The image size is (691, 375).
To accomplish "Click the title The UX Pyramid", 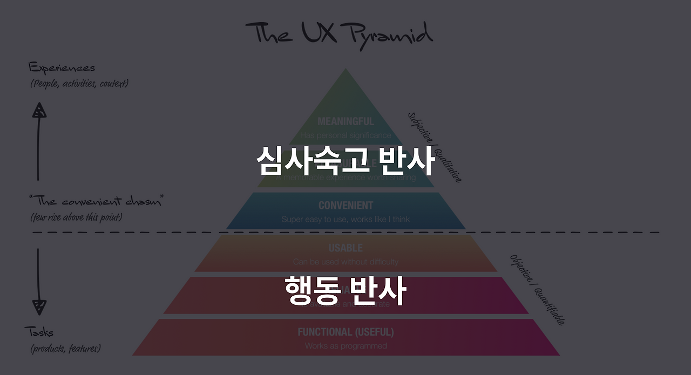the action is tap(339, 34).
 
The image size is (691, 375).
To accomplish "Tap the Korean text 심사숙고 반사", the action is tap(345, 160).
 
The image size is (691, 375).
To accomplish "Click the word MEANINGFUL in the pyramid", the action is tap(345, 121).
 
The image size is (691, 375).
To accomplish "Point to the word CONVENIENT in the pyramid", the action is tap(345, 206).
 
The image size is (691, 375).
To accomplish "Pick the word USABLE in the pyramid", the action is tap(345, 248).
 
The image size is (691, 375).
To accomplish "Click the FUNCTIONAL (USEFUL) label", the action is tap(345, 332).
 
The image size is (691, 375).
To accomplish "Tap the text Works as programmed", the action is tap(345, 345).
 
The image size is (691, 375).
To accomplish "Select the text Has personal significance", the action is tap(345, 135).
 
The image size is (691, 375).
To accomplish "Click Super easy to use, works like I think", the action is tap(345, 219).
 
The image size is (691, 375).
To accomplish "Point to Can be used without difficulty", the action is tap(345, 262).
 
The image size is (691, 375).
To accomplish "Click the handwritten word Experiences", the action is tap(62, 68).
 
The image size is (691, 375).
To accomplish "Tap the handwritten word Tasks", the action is tap(39, 331).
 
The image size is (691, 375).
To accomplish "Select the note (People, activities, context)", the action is tap(79, 84).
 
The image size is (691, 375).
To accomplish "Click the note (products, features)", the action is tap(65, 349).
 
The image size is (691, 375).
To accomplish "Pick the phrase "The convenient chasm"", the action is tap(96, 202).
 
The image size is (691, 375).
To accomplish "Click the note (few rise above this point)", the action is tap(76, 217).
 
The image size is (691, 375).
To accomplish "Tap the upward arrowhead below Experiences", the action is tap(39, 111).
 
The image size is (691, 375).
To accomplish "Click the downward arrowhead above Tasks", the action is tap(39, 307).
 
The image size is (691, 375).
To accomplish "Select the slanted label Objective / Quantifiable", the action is tap(537, 290).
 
